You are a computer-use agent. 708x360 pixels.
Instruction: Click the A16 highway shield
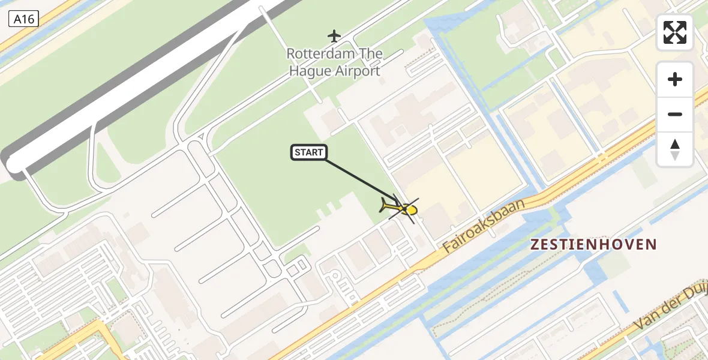point(24,19)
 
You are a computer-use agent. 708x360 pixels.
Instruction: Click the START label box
point(309,152)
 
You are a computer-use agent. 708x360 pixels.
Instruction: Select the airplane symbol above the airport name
point(334,36)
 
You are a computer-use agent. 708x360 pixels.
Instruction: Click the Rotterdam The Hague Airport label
point(334,62)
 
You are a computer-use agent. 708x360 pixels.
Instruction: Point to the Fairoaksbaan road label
point(484,226)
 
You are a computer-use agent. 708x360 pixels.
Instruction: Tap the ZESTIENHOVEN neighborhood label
point(593,244)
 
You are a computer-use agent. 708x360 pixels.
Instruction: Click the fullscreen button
point(675,32)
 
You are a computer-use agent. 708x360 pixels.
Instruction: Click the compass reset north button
point(675,149)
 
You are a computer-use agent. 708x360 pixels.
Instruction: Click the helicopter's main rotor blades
point(404,207)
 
